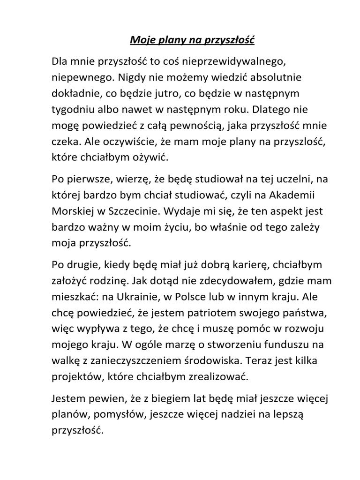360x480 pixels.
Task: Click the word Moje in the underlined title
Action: tap(141, 41)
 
